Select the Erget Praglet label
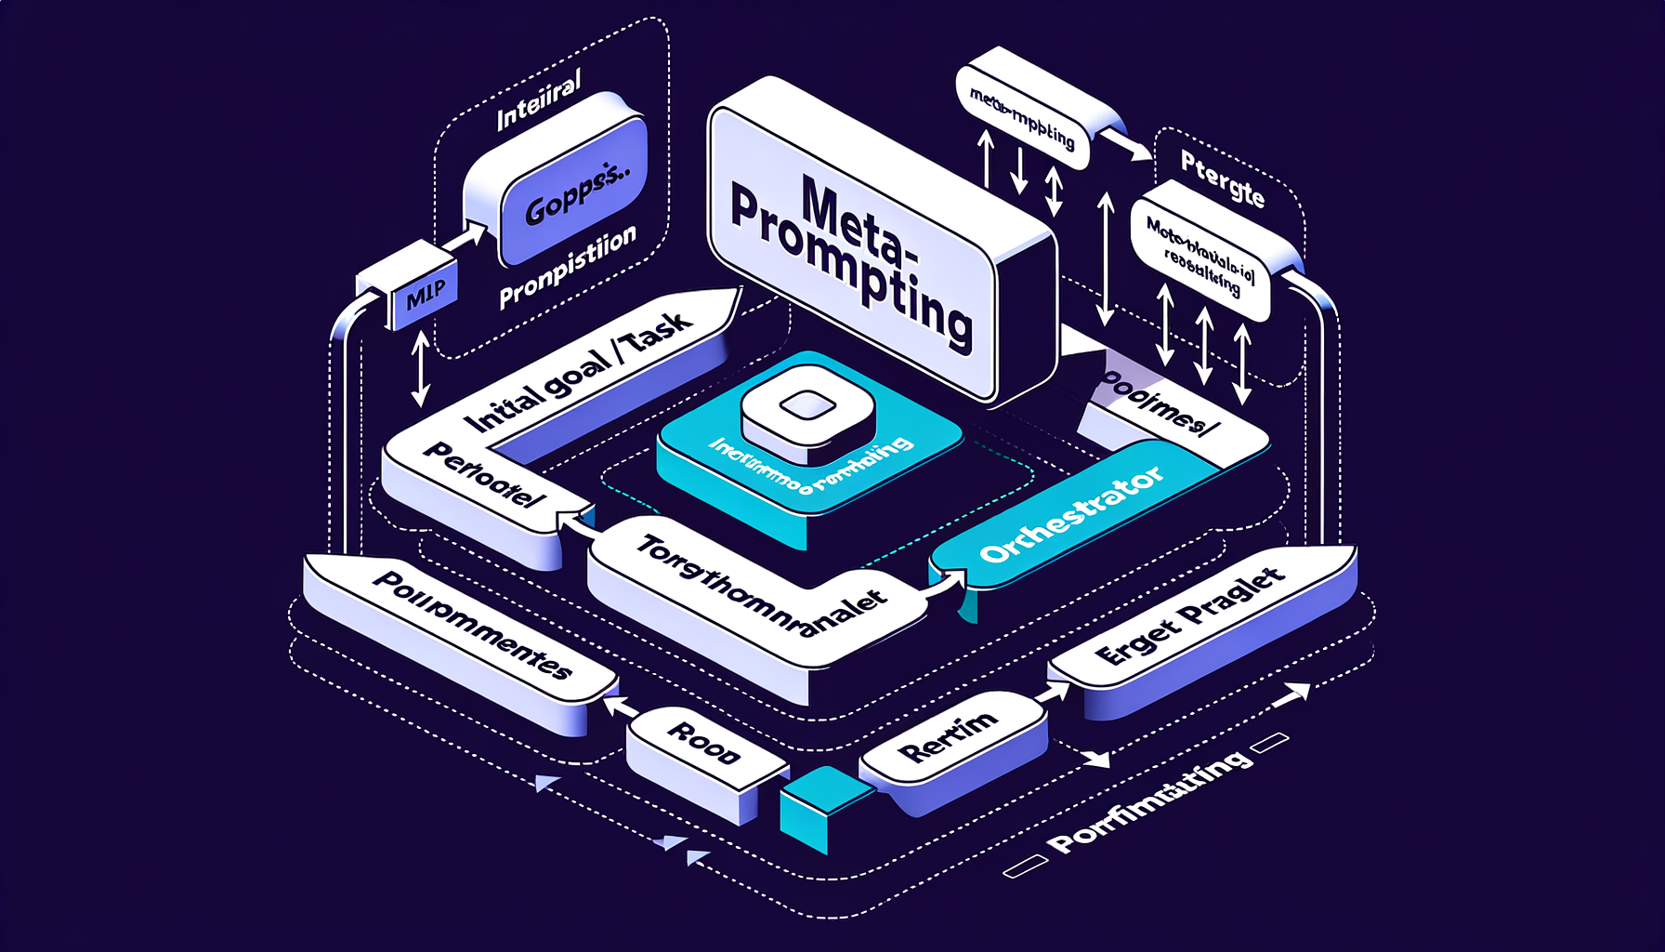tap(1189, 617)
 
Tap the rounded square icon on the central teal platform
tap(806, 409)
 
